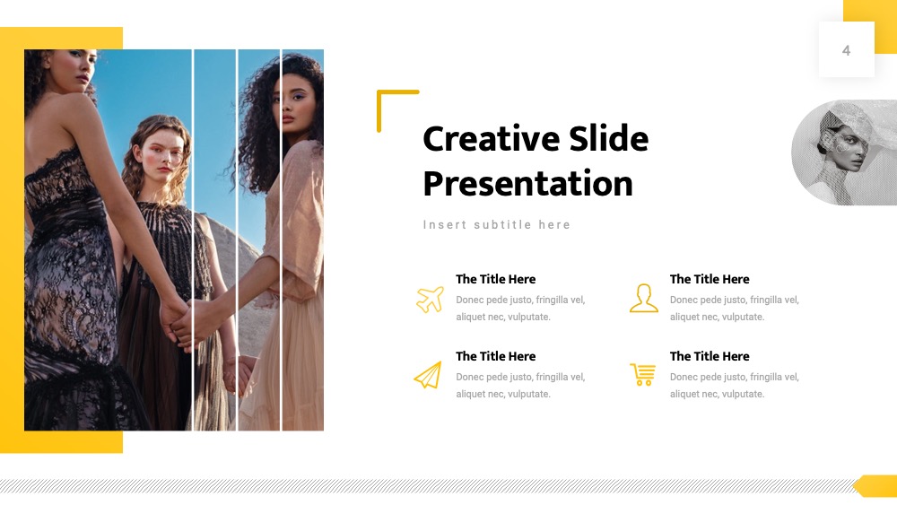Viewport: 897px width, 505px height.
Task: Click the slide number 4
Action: (x=846, y=51)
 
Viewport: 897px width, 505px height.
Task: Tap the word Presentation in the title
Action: (x=528, y=184)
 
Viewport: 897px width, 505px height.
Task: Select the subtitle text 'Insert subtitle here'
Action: (x=497, y=225)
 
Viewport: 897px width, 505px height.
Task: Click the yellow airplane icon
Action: (x=431, y=299)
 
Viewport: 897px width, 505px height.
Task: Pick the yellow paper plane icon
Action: (x=429, y=375)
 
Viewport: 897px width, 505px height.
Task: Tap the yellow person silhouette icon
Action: (x=643, y=298)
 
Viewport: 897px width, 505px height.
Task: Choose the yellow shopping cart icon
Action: (x=643, y=375)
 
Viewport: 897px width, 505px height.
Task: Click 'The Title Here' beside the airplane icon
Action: (x=495, y=279)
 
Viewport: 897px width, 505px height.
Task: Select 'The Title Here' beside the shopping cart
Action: (x=710, y=356)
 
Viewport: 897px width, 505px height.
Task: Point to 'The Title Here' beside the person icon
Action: (x=710, y=279)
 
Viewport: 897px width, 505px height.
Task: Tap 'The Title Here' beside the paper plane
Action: (x=495, y=356)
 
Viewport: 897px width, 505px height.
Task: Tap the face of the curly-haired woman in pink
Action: (x=294, y=106)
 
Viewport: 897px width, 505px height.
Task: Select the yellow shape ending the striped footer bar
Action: (x=875, y=485)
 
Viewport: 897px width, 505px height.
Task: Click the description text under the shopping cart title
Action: (x=734, y=386)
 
